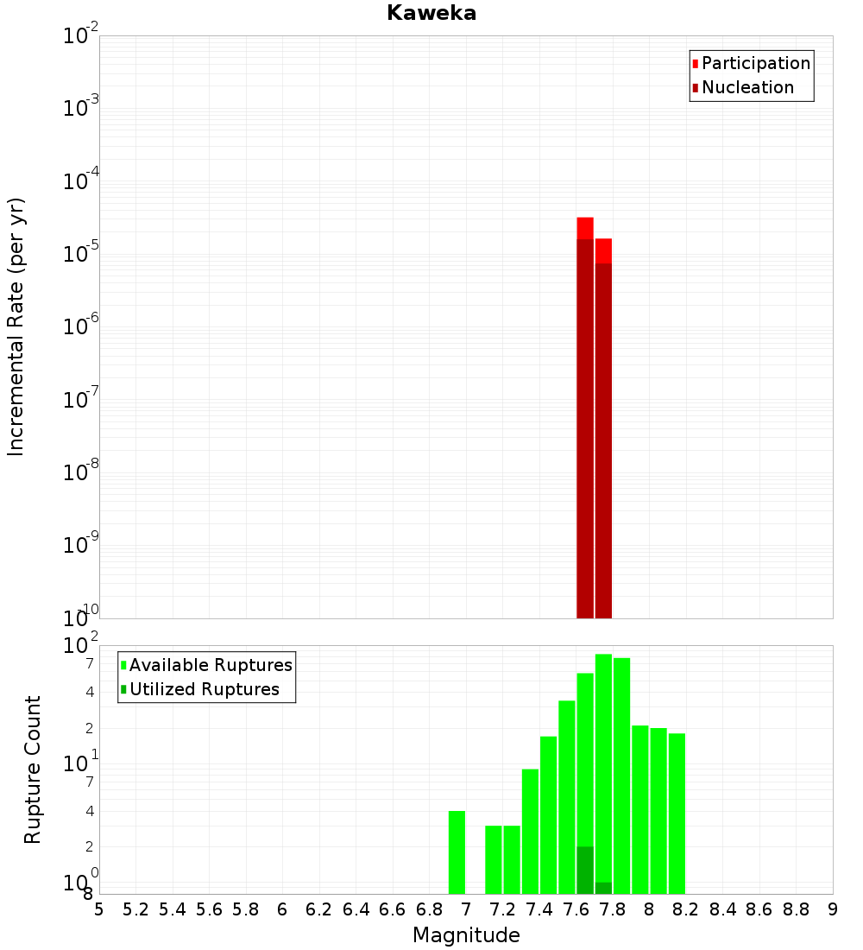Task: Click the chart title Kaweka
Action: point(431,13)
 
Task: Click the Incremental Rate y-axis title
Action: point(16,326)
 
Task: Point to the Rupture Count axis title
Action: point(33,769)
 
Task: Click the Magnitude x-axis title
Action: point(466,935)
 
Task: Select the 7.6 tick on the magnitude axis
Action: point(576,909)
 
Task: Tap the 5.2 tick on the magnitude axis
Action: point(135,909)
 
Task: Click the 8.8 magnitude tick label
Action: point(796,909)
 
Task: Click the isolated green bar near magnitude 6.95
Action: point(457,852)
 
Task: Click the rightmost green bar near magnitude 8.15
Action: point(677,812)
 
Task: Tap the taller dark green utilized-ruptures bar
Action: point(585,870)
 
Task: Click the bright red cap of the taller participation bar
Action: point(585,228)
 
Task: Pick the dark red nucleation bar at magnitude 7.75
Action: point(603,440)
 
